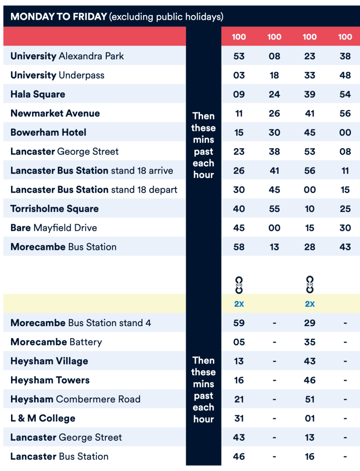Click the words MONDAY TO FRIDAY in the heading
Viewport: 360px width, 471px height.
pyautogui.click(x=58, y=17)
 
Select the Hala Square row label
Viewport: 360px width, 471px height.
pyautogui.click(x=38, y=94)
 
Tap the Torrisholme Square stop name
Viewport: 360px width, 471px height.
pyautogui.click(x=54, y=209)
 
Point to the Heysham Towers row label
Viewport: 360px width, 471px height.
pyautogui.click(x=50, y=380)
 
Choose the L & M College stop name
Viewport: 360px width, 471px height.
pyautogui.click(x=43, y=419)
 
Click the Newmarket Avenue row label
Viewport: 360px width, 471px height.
pyautogui.click(x=55, y=114)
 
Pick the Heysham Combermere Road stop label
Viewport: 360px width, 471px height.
pyautogui.click(x=75, y=399)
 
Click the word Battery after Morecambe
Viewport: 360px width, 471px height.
pyautogui.click(x=86, y=342)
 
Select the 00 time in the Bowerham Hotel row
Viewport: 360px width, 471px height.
pyautogui.click(x=345, y=132)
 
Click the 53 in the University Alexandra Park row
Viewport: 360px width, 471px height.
pyautogui.click(x=239, y=56)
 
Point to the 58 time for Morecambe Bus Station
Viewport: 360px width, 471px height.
pyautogui.click(x=239, y=247)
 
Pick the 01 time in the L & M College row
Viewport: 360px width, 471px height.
pyautogui.click(x=309, y=419)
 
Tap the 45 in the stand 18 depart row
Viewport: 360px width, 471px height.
pyautogui.click(x=274, y=190)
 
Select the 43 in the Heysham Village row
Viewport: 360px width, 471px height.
pyautogui.click(x=309, y=362)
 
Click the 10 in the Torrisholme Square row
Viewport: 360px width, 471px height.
pyautogui.click(x=309, y=209)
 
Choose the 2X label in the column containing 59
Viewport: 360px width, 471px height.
pyautogui.click(x=239, y=304)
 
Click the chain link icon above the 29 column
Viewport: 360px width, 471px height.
pyautogui.click(x=309, y=284)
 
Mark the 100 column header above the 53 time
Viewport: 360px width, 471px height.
pyautogui.click(x=239, y=37)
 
